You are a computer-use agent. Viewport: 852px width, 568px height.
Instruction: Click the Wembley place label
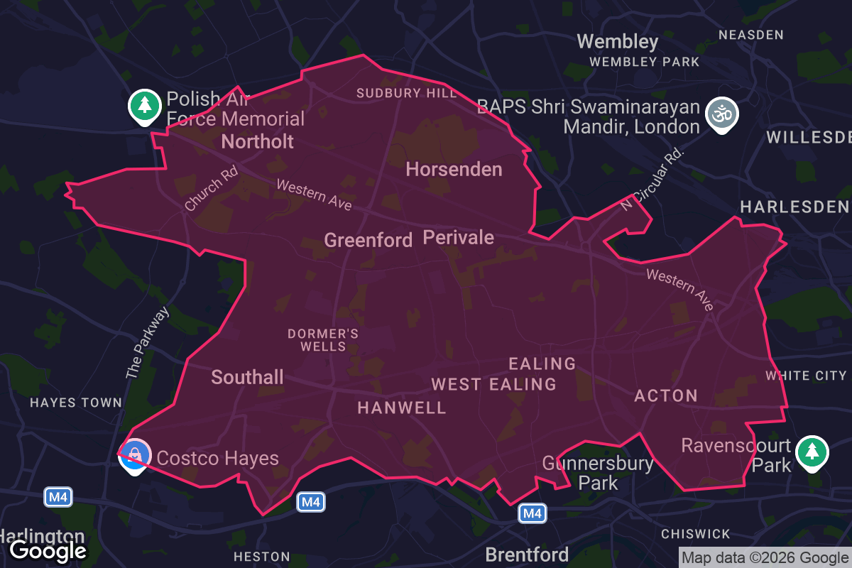[x=618, y=41]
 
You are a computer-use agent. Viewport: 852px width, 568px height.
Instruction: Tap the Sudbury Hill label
[x=398, y=93]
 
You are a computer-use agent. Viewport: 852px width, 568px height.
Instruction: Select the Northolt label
[x=258, y=141]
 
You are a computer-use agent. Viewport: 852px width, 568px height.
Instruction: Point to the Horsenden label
[x=454, y=169]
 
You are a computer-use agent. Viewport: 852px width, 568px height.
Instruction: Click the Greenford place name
[x=368, y=240]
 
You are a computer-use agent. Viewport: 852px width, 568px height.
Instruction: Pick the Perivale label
[x=458, y=237]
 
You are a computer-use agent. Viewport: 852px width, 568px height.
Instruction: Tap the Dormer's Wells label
[x=323, y=340]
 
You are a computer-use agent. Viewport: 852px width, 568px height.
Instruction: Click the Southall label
[x=247, y=377]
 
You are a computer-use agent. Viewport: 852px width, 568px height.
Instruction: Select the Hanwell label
[x=402, y=408]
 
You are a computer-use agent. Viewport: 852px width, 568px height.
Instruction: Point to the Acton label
[x=666, y=395]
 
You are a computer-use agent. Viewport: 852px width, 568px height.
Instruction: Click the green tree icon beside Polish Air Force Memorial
[x=145, y=106]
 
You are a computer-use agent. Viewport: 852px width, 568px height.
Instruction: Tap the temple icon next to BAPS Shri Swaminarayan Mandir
[x=721, y=114]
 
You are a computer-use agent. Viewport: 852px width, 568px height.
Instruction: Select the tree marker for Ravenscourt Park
[x=811, y=452]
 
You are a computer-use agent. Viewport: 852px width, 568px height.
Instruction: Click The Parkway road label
[x=148, y=343]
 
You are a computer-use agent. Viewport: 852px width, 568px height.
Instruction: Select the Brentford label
[x=527, y=555]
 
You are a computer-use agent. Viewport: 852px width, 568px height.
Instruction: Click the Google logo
[x=48, y=550]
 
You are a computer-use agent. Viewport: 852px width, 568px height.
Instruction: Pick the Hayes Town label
[x=76, y=403]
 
